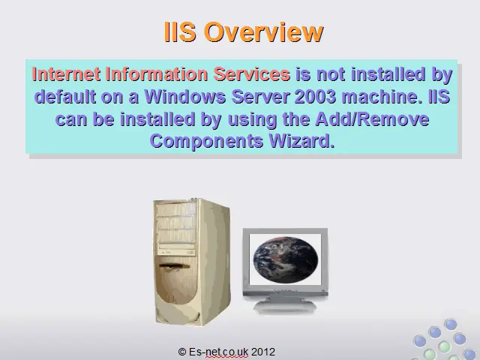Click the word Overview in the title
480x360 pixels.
[x=264, y=31]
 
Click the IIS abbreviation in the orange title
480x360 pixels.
[x=180, y=31]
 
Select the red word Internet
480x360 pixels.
[x=66, y=74]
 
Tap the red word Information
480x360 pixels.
[x=157, y=74]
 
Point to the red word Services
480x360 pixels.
[x=252, y=74]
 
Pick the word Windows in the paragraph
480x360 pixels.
[x=185, y=97]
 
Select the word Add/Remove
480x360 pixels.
[x=372, y=118]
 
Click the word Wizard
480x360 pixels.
[x=301, y=141]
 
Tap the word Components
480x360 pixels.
[x=207, y=142]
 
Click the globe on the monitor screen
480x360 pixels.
[x=286, y=259]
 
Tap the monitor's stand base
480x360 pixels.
[x=285, y=307]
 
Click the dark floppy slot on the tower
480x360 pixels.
[x=175, y=265]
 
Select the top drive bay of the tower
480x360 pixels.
[x=175, y=209]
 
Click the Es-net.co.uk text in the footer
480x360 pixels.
[x=218, y=352]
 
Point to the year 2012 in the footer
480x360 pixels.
[x=263, y=352]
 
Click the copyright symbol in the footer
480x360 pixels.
[x=182, y=352]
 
